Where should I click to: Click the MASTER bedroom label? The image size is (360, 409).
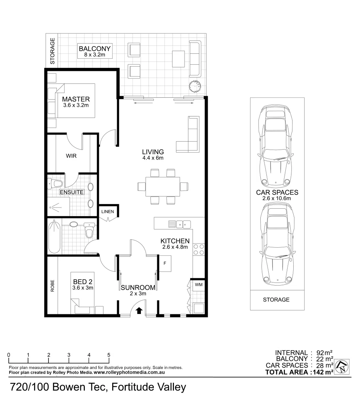click(x=76, y=99)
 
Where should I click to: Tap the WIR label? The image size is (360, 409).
click(x=71, y=156)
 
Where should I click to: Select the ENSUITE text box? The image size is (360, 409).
click(x=72, y=192)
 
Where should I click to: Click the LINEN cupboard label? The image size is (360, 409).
click(x=108, y=211)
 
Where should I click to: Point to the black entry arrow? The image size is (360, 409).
click(x=139, y=311)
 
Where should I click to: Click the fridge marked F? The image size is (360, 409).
click(x=165, y=263)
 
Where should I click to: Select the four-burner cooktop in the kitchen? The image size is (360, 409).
click(x=199, y=250)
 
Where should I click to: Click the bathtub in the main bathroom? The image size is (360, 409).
click(x=54, y=237)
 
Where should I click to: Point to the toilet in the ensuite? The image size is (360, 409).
click(x=56, y=184)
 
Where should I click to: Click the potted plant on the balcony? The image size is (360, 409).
click(x=196, y=86)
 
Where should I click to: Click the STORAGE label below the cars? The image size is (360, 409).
click(x=276, y=300)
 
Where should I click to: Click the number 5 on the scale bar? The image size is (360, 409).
click(x=109, y=355)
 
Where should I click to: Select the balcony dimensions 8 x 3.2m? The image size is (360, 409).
click(x=94, y=55)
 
